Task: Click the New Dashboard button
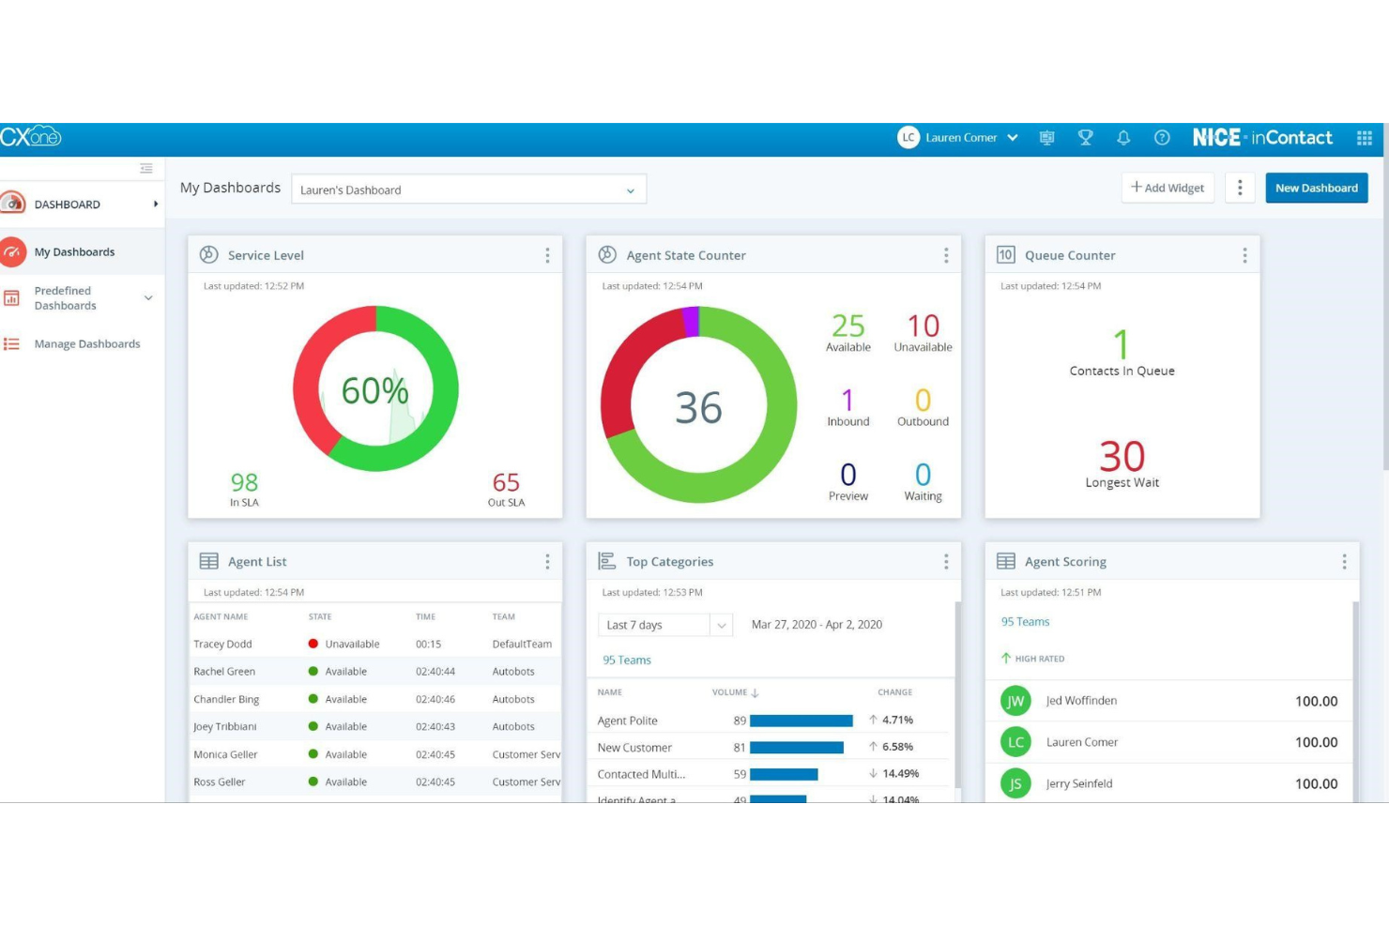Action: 1316,188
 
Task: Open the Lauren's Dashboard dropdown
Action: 467,190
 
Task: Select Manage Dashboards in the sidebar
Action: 86,344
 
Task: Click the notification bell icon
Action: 1123,138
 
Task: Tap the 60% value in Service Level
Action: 374,390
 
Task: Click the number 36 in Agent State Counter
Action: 698,408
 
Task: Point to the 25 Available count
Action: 847,326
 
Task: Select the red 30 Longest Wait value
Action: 1122,457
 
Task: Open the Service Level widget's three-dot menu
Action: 547,255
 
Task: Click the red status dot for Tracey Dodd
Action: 313,644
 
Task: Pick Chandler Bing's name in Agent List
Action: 226,699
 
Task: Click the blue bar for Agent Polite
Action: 801,721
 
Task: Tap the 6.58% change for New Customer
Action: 896,747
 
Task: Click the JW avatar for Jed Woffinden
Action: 1015,701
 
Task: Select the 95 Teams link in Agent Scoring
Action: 1025,622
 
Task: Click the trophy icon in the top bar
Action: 1086,138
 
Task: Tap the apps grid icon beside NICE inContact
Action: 1364,138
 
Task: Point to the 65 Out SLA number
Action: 506,482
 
